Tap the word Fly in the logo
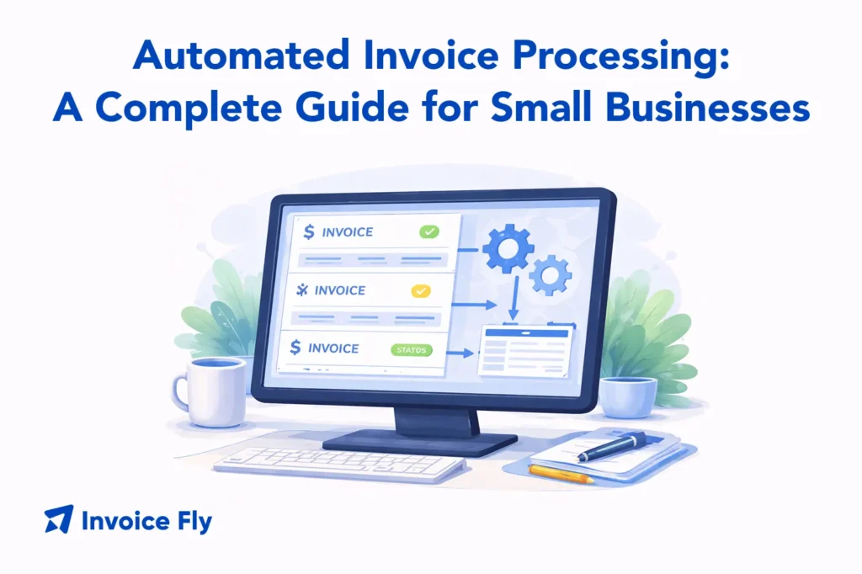pos(194,522)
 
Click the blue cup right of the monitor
pos(629,396)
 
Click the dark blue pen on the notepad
pos(612,444)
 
